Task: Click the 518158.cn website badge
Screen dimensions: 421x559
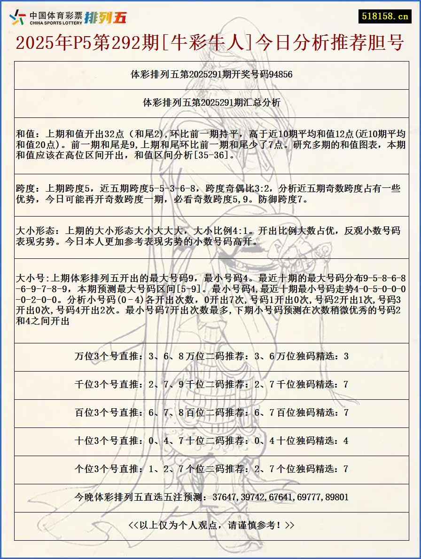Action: pyautogui.click(x=384, y=16)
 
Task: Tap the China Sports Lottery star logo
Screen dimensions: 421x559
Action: pyautogui.click(x=18, y=17)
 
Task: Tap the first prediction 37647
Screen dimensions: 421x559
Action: pyautogui.click(x=226, y=497)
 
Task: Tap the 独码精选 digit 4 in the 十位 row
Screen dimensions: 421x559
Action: pyautogui.click(x=346, y=441)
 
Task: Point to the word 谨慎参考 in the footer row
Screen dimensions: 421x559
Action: pyautogui.click(x=253, y=525)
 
